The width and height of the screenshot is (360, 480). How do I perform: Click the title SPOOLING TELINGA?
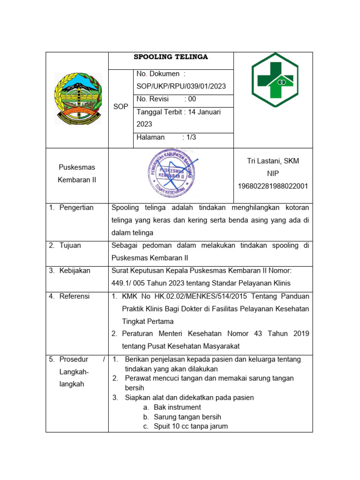click(171, 57)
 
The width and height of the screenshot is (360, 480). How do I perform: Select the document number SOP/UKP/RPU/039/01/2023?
click(181, 86)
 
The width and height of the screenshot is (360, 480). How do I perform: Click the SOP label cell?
click(121, 107)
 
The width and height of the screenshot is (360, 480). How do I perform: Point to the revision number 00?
click(192, 99)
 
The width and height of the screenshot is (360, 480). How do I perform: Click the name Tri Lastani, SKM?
click(273, 161)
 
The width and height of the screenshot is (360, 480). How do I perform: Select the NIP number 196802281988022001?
click(273, 186)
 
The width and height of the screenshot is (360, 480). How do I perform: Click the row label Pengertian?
click(76, 208)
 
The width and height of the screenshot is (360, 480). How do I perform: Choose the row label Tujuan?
click(70, 246)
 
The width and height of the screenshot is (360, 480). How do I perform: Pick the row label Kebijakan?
click(75, 270)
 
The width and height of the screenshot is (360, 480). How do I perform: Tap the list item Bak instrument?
click(177, 407)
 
